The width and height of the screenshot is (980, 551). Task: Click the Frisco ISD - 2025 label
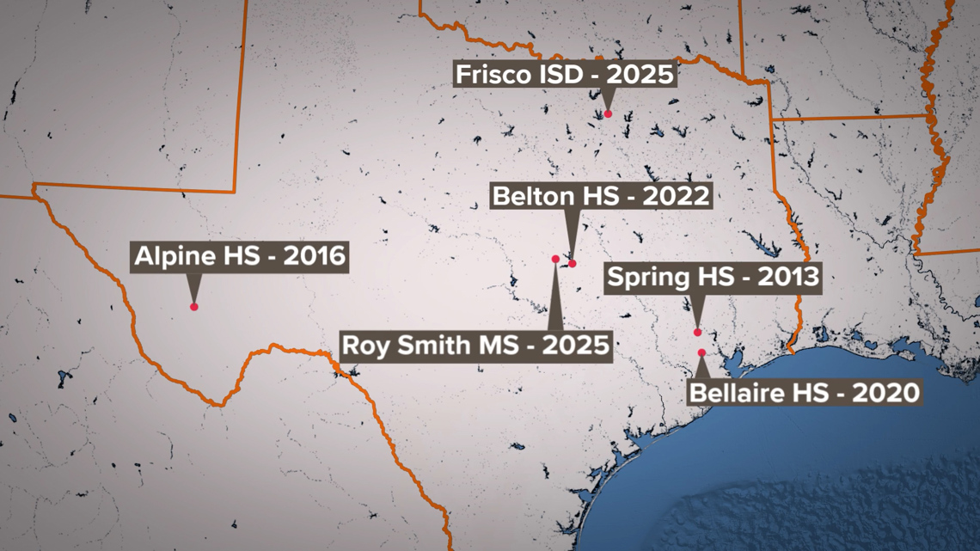pos(564,74)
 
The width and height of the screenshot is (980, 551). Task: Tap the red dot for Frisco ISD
pos(608,113)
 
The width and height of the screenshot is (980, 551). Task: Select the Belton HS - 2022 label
pos(601,196)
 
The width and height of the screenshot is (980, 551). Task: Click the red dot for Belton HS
pos(573,264)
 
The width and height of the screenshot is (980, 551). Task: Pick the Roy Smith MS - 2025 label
pos(476,346)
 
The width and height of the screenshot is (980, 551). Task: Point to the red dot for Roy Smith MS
pos(555,259)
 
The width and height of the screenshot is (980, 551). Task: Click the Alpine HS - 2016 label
pos(240,256)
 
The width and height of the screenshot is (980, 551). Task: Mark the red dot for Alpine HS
pos(194,306)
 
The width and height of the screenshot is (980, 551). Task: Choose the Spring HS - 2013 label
pos(713,278)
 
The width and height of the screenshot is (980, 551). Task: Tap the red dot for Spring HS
pos(697,332)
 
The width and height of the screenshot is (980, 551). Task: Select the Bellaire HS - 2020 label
pos(805,393)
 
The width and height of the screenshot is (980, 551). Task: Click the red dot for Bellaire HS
pos(701,352)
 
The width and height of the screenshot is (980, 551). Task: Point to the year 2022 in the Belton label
pos(678,196)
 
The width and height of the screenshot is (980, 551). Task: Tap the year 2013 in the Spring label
pos(787,278)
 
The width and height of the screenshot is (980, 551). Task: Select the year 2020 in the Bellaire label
pos(887,393)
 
